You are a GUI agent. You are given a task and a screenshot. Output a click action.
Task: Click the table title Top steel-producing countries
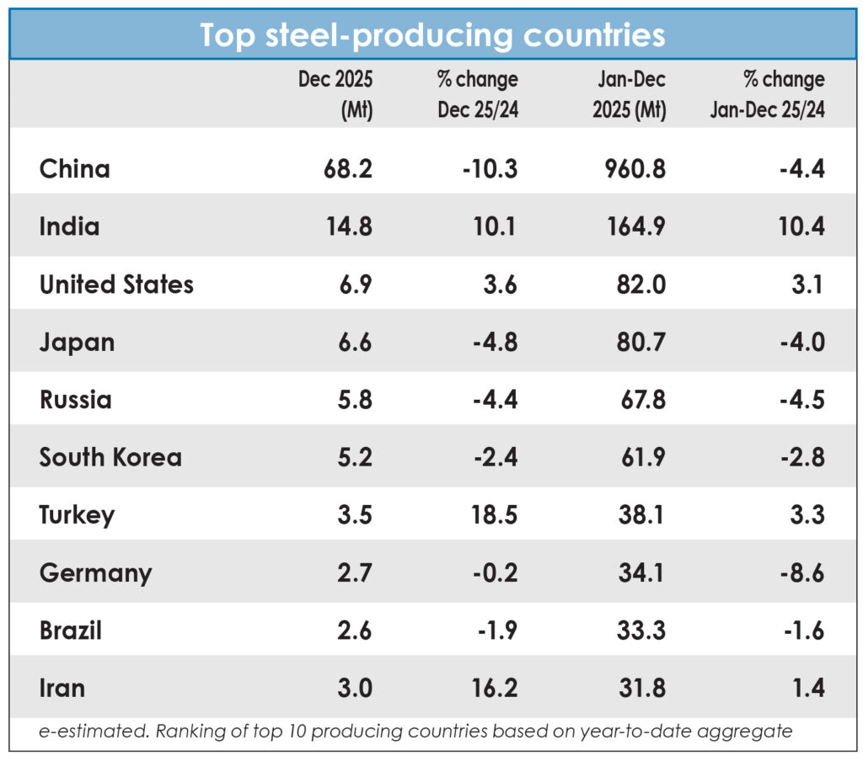click(x=431, y=35)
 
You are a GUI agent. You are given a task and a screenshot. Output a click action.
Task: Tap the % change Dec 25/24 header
click(x=477, y=94)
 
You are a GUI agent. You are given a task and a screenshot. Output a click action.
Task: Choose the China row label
click(x=75, y=169)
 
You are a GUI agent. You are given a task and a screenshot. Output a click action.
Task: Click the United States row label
click(x=116, y=285)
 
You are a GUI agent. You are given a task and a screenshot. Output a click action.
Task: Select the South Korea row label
click(x=110, y=457)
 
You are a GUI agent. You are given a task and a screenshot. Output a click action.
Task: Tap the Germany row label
click(x=96, y=573)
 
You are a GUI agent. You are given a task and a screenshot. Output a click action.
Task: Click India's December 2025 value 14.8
click(x=347, y=226)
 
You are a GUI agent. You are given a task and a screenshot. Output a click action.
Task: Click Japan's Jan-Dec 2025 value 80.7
click(x=637, y=343)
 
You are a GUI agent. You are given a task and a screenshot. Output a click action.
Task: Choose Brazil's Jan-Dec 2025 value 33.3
click(x=637, y=631)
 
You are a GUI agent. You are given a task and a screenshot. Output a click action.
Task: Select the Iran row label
click(x=62, y=689)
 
